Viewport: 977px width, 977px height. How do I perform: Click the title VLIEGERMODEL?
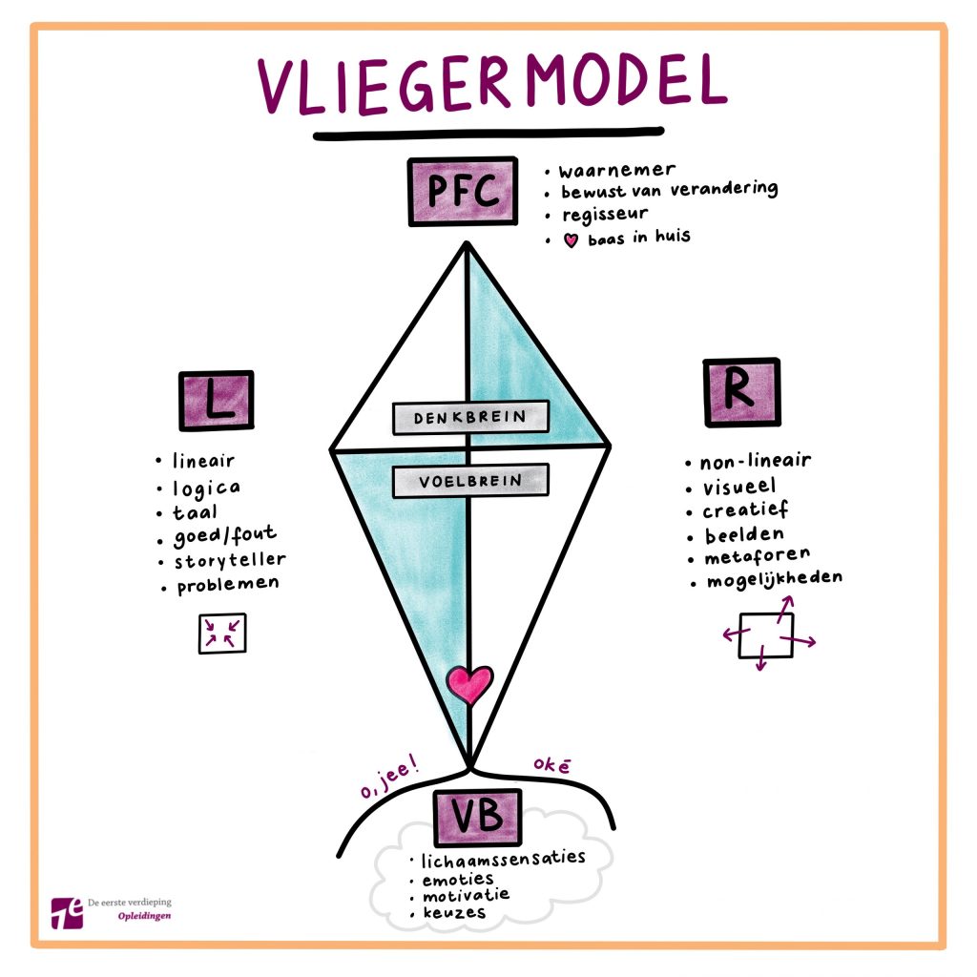489,86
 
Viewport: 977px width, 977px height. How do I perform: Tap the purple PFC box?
464,192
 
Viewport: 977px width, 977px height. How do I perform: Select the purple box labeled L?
216,401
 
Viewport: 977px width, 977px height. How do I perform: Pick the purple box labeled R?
741,392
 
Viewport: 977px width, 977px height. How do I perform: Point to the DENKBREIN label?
471,418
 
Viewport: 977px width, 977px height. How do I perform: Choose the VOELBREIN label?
471,481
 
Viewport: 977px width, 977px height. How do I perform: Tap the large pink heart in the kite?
469,684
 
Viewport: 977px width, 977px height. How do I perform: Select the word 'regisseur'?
605,214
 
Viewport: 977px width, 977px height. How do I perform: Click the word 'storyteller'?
229,559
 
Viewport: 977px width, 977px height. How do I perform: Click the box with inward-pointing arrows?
222,634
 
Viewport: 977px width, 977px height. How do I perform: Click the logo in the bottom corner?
69,912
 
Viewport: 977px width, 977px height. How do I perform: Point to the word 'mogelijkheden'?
774,580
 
